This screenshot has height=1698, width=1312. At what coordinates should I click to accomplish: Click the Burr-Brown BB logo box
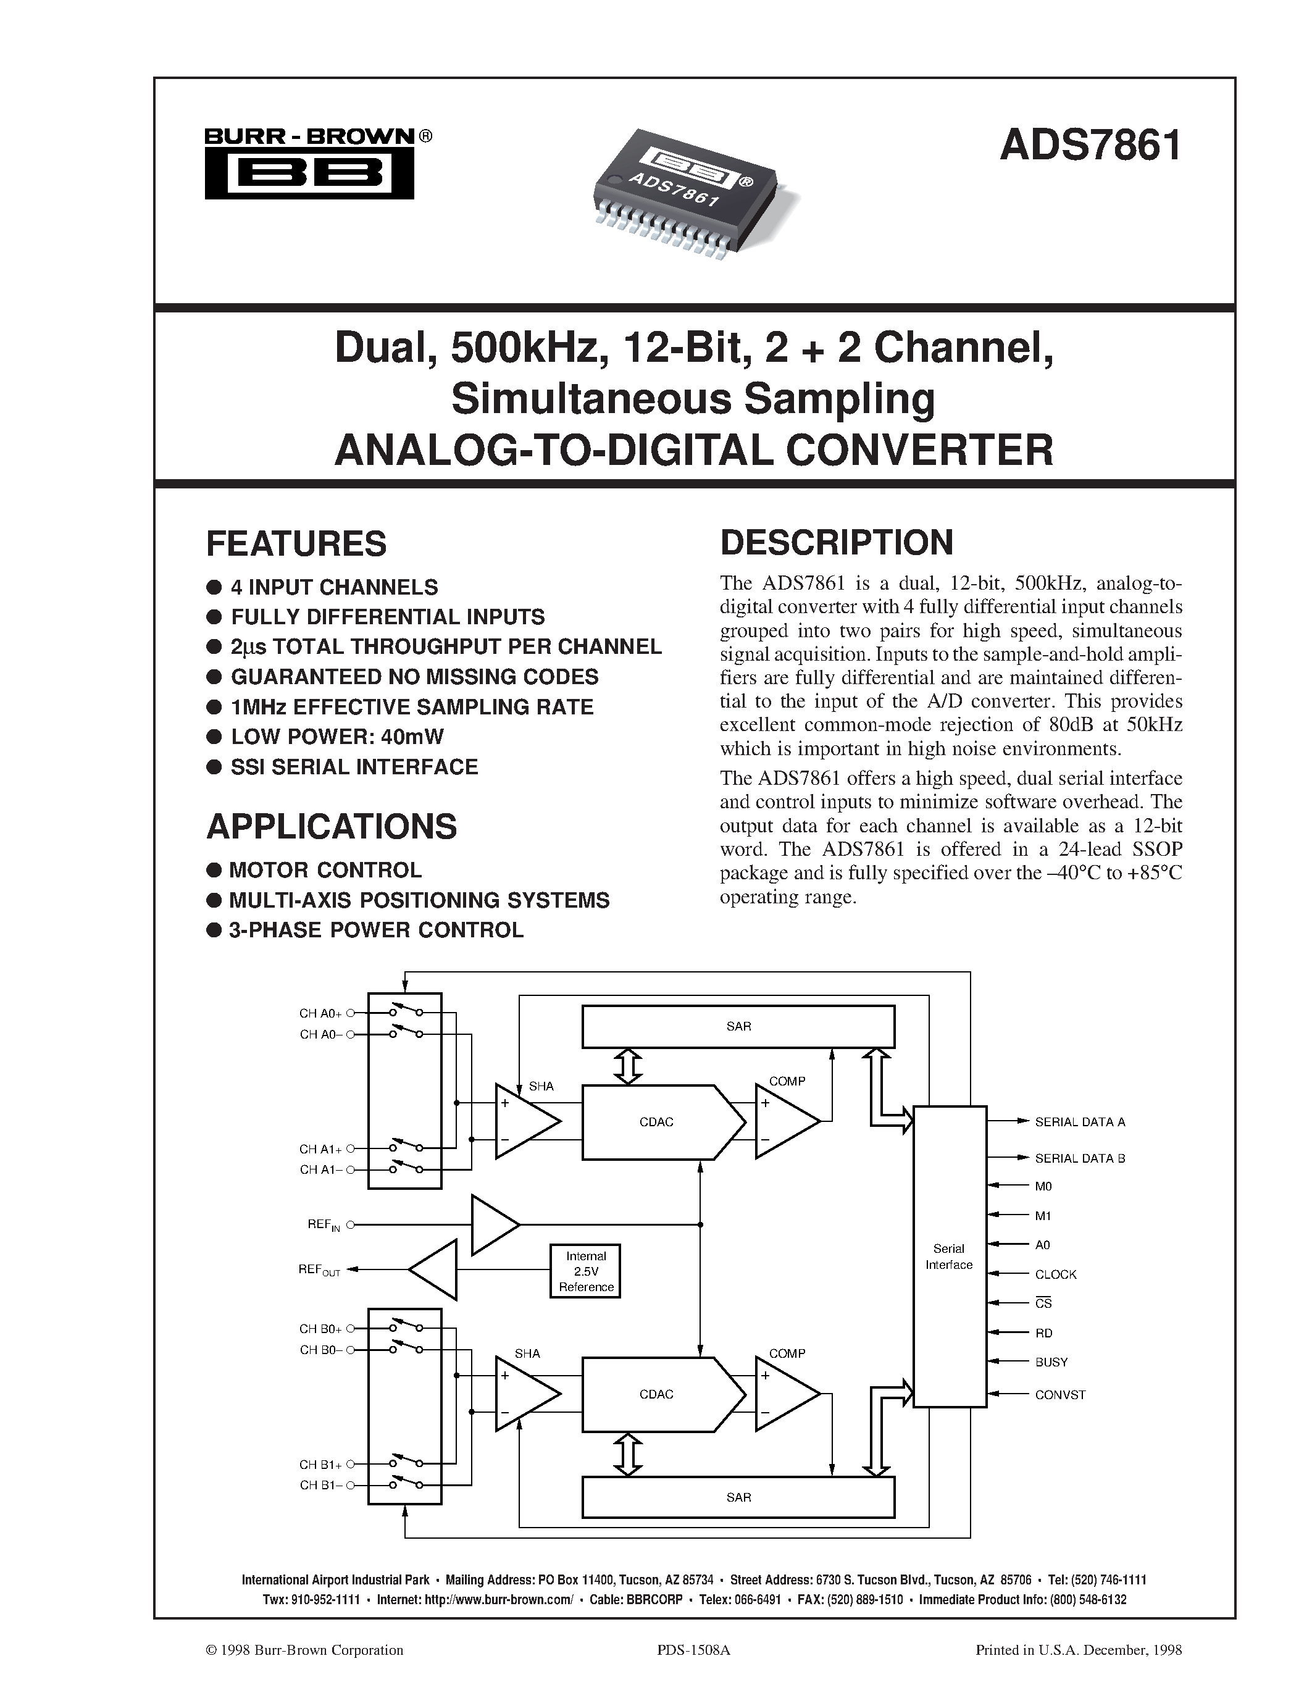tap(309, 174)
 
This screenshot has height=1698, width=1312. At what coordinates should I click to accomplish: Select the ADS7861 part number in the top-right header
tap(1090, 145)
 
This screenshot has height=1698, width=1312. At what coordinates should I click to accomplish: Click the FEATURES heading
tap(296, 543)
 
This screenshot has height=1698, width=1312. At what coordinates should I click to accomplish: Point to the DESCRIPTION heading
tap(837, 543)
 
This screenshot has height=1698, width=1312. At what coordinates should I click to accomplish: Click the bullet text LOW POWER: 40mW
tap(337, 736)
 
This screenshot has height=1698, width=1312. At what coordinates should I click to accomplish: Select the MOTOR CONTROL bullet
tap(325, 869)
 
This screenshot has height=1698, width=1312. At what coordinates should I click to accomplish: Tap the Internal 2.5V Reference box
tap(585, 1271)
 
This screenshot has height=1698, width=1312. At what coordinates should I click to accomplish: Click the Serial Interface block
tap(949, 1257)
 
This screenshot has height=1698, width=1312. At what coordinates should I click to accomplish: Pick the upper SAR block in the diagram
tap(738, 1026)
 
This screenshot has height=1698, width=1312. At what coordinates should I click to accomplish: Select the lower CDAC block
tap(657, 1394)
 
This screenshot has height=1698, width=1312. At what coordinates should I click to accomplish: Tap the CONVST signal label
tap(1060, 1395)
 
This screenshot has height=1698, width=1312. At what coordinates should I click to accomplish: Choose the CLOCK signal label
tap(1056, 1274)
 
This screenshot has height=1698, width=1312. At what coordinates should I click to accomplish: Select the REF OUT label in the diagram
tap(319, 1269)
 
